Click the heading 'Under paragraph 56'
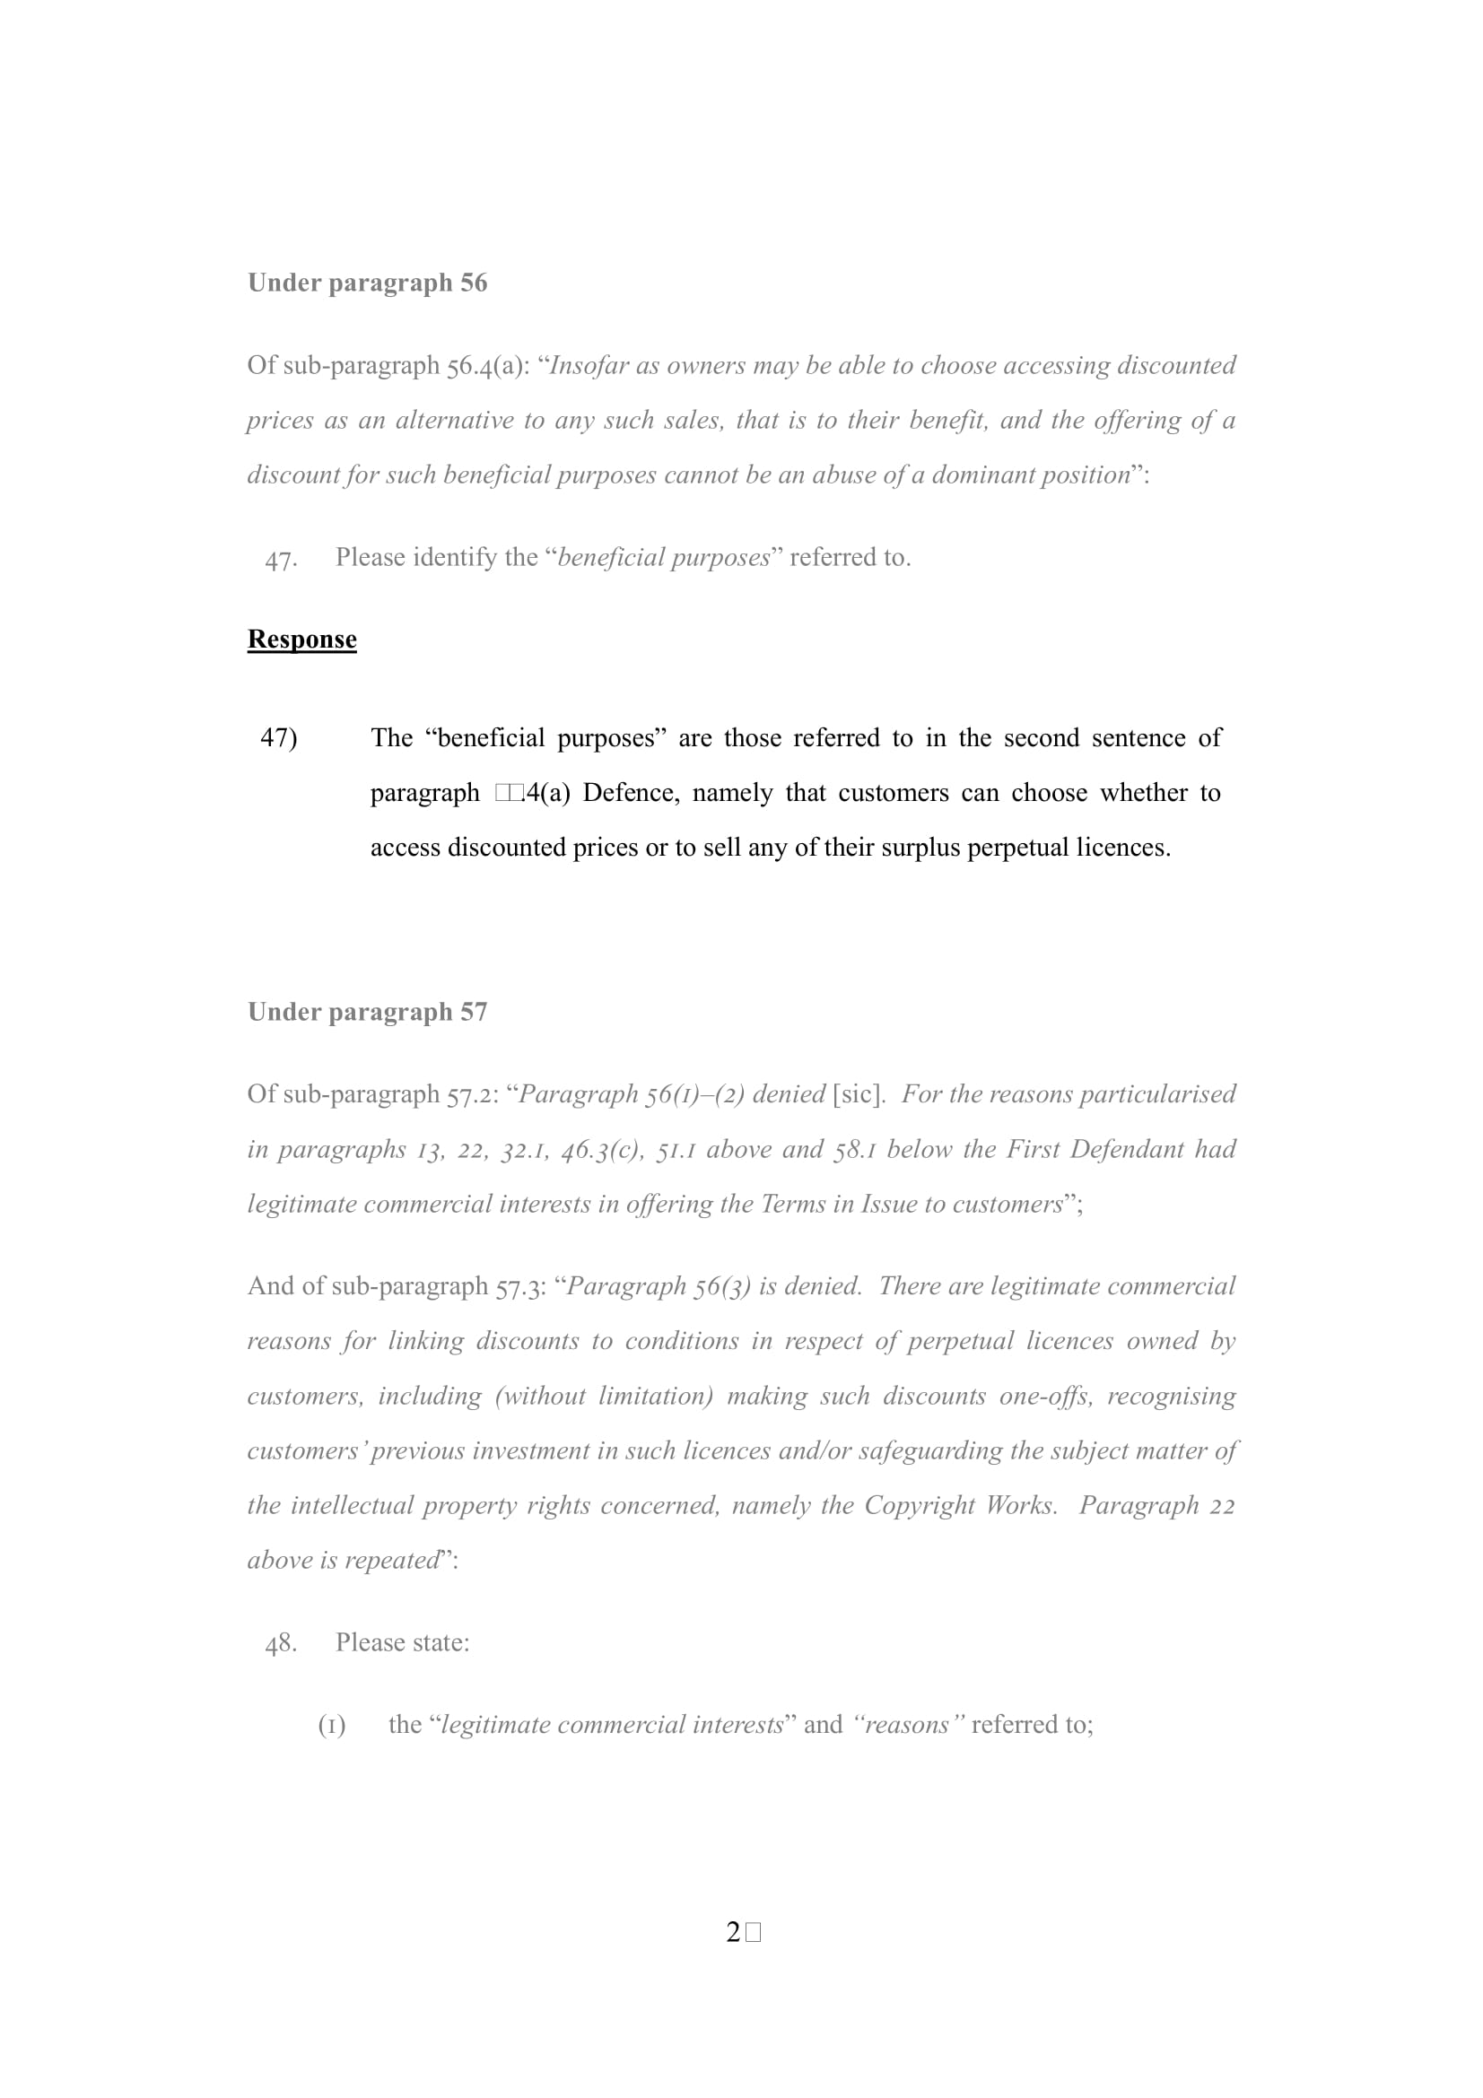pyautogui.click(x=367, y=283)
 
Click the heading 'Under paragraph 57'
pyautogui.click(x=367, y=1013)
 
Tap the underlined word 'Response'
pyautogui.click(x=301, y=640)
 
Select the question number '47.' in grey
pyautogui.click(x=281, y=559)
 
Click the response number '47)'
pyautogui.click(x=279, y=738)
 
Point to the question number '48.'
pyautogui.click(x=281, y=1644)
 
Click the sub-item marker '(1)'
pyautogui.click(x=331, y=1726)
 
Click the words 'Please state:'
pyautogui.click(x=402, y=1643)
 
